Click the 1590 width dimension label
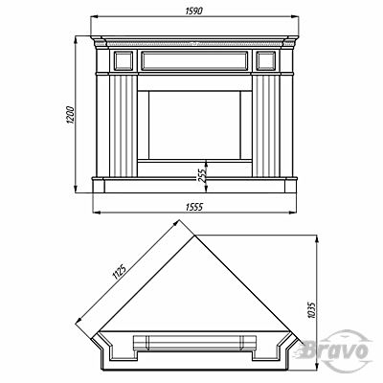coord(194,11)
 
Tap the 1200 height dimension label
coord(70,115)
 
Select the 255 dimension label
coord(202,174)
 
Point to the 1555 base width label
coord(194,207)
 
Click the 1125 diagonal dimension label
coord(119,271)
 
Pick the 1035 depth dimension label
coord(312,310)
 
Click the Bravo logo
coord(336,350)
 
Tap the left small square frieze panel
coord(124,60)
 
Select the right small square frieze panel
coord(266,60)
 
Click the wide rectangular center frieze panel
coord(194,60)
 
